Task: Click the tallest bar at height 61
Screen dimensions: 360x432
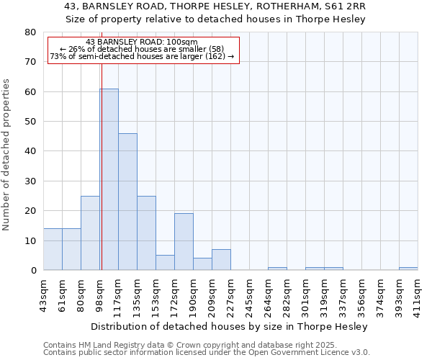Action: pyautogui.click(x=109, y=179)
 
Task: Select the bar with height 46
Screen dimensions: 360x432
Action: pyautogui.click(x=127, y=202)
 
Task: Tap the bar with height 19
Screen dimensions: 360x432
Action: pyautogui.click(x=184, y=242)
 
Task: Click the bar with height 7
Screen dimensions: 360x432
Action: pyautogui.click(x=221, y=260)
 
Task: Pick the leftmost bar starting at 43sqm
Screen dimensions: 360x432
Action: pyautogui.click(x=53, y=249)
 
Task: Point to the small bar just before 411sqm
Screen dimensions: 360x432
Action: pyautogui.click(x=408, y=269)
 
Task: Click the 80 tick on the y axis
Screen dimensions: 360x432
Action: pyautogui.click(x=31, y=32)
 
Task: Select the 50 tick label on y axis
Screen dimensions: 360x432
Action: pyautogui.click(x=31, y=122)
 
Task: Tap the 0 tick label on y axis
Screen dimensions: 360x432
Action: pyautogui.click(x=34, y=271)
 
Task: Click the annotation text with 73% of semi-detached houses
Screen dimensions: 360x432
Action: pyautogui.click(x=142, y=56)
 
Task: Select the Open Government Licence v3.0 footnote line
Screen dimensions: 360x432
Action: pyautogui.click(x=207, y=353)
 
